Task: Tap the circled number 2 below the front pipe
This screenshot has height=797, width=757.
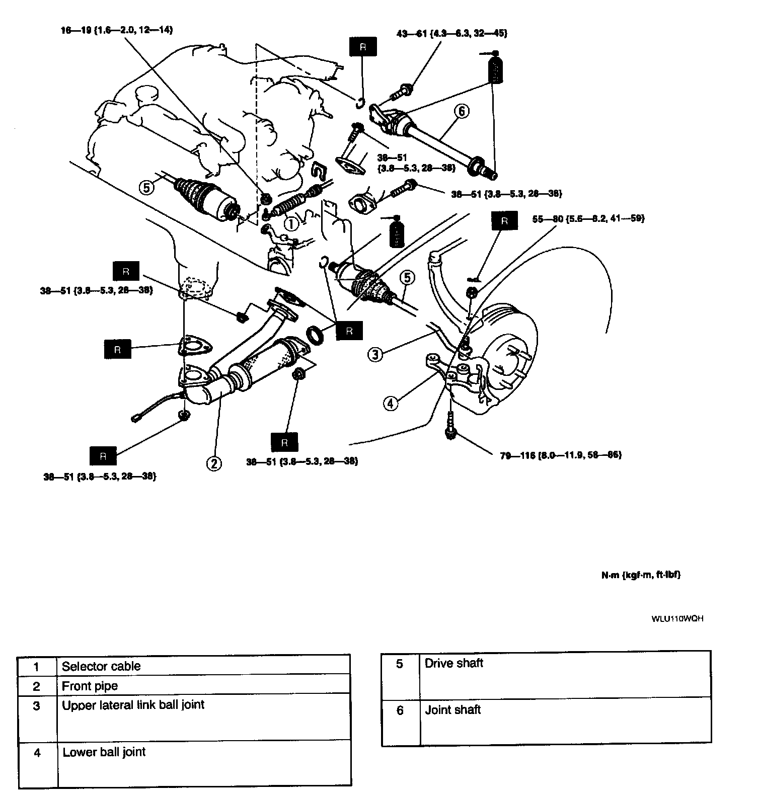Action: click(x=214, y=463)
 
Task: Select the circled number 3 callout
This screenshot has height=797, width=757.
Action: click(x=375, y=354)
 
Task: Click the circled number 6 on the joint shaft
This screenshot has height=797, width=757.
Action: click(x=462, y=111)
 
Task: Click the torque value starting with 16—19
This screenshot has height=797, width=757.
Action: click(x=116, y=30)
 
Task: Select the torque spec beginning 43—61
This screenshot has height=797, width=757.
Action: click(x=451, y=33)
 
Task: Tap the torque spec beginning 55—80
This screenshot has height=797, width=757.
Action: click(x=588, y=219)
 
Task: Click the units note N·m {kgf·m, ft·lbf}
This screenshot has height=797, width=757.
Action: click(x=641, y=575)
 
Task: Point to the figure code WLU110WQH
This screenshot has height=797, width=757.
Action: click(x=677, y=619)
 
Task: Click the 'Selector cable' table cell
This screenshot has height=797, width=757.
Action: click(x=101, y=666)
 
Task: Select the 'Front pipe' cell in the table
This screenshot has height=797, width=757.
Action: click(x=90, y=686)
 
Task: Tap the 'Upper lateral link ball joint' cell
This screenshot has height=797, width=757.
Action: click(x=133, y=704)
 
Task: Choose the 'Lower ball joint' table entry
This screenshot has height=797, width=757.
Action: click(x=104, y=752)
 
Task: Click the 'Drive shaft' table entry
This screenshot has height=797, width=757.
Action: click(x=453, y=663)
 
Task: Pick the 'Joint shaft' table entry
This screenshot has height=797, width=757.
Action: click(x=453, y=710)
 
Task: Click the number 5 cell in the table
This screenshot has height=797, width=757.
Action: click(x=400, y=664)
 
